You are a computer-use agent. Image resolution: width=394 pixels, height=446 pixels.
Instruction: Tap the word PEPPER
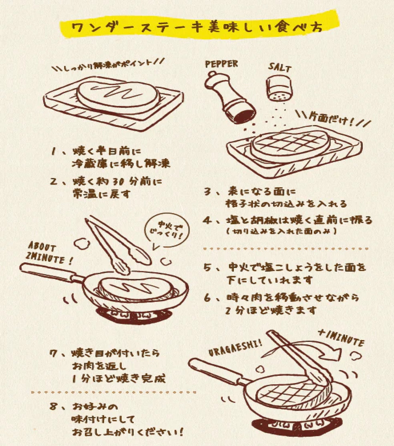pyautogui.click(x=221, y=64)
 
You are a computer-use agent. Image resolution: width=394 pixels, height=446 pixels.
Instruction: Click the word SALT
pyautogui.click(x=279, y=67)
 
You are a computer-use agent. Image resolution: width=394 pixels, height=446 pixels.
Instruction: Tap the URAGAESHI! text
pyautogui.click(x=235, y=347)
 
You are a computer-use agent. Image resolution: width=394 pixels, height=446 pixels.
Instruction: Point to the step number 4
pyautogui.click(x=208, y=220)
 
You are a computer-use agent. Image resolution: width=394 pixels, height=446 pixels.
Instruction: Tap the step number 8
pyautogui.click(x=53, y=407)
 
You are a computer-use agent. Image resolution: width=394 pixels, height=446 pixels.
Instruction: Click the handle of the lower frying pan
pyautogui.click(x=215, y=369)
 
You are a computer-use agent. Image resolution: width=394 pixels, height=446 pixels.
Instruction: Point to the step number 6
pyautogui.click(x=208, y=298)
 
